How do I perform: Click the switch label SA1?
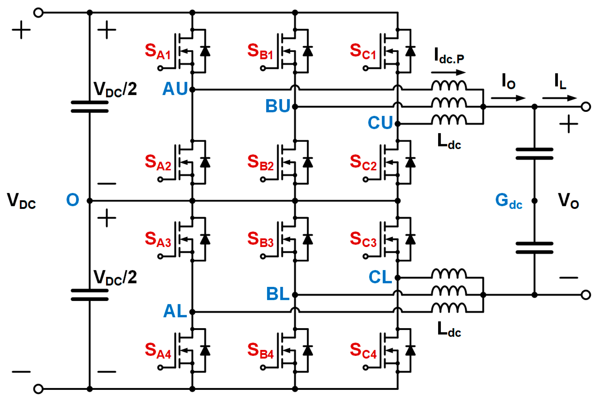coord(157,52)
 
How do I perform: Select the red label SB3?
coord(260,240)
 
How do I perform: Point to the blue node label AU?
coord(175,89)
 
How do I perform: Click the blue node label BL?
coord(278,294)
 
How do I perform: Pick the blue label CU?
coord(380,123)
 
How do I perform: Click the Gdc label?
coord(509,201)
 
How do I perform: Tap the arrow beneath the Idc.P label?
coord(448,73)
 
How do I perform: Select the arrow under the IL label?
coord(559,98)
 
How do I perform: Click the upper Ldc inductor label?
coord(449,142)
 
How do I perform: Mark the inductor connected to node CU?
coord(449,120)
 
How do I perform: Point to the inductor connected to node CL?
coord(449,274)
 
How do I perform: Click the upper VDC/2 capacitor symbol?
coord(90,107)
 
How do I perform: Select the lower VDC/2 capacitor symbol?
coord(90,295)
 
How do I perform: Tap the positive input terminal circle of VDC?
coord(38,13)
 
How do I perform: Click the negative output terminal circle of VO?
coord(586,295)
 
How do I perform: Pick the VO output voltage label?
coord(568,201)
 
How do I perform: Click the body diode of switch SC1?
coord(410,51)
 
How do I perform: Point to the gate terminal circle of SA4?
coord(160,367)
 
